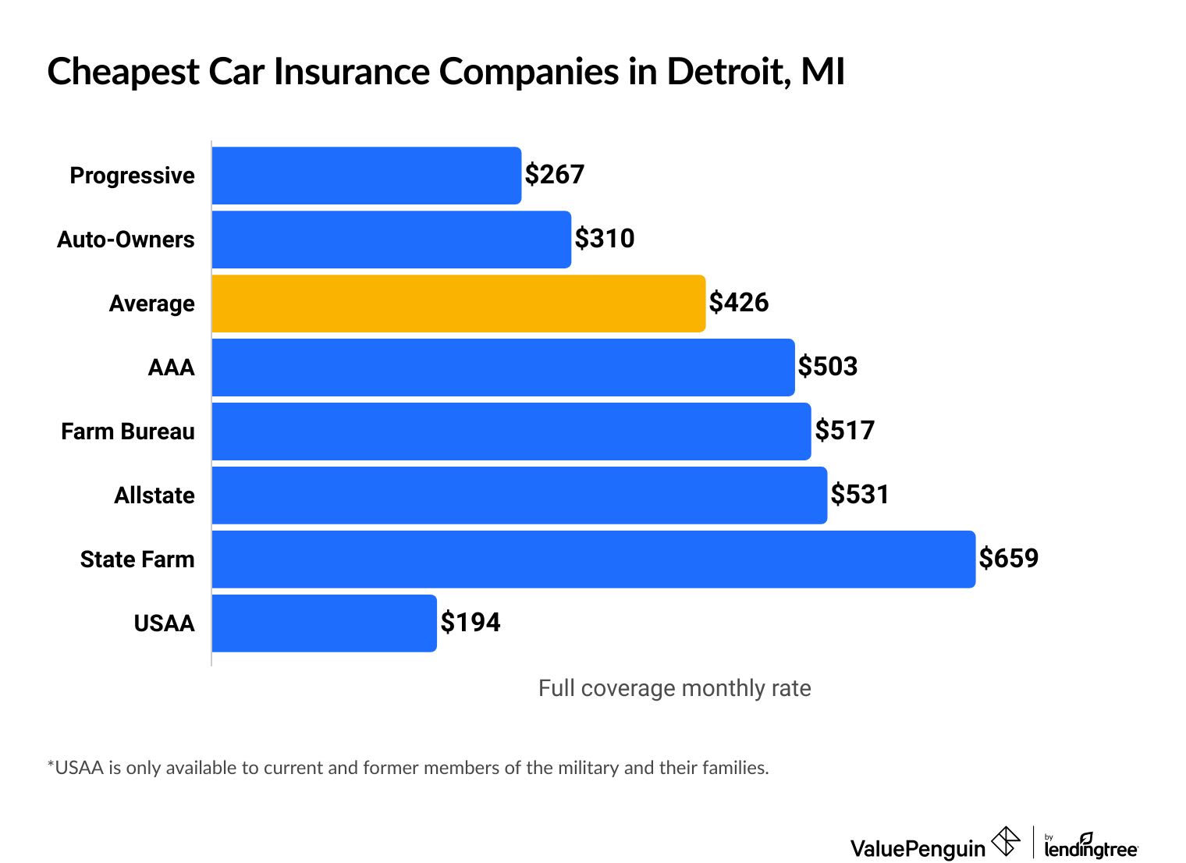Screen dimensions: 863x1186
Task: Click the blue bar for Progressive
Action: point(366,176)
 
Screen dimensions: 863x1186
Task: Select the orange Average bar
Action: point(458,304)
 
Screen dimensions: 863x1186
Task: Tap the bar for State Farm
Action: point(593,559)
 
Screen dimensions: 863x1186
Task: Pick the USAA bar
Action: point(324,623)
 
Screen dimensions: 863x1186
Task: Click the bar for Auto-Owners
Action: point(391,240)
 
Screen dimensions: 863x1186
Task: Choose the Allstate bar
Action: point(519,495)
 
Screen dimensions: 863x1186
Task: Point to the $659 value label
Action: point(1009,559)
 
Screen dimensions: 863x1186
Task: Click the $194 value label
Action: point(470,623)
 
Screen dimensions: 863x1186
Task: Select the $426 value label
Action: point(739,303)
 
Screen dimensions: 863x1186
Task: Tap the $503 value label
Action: point(828,367)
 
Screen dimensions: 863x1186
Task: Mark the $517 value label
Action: point(845,431)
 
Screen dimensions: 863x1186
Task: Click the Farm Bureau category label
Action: point(128,431)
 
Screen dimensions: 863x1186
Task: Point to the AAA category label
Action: point(171,368)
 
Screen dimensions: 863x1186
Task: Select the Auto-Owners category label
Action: point(126,240)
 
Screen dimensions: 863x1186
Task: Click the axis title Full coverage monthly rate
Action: point(674,688)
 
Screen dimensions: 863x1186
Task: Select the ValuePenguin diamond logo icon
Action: point(1005,842)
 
